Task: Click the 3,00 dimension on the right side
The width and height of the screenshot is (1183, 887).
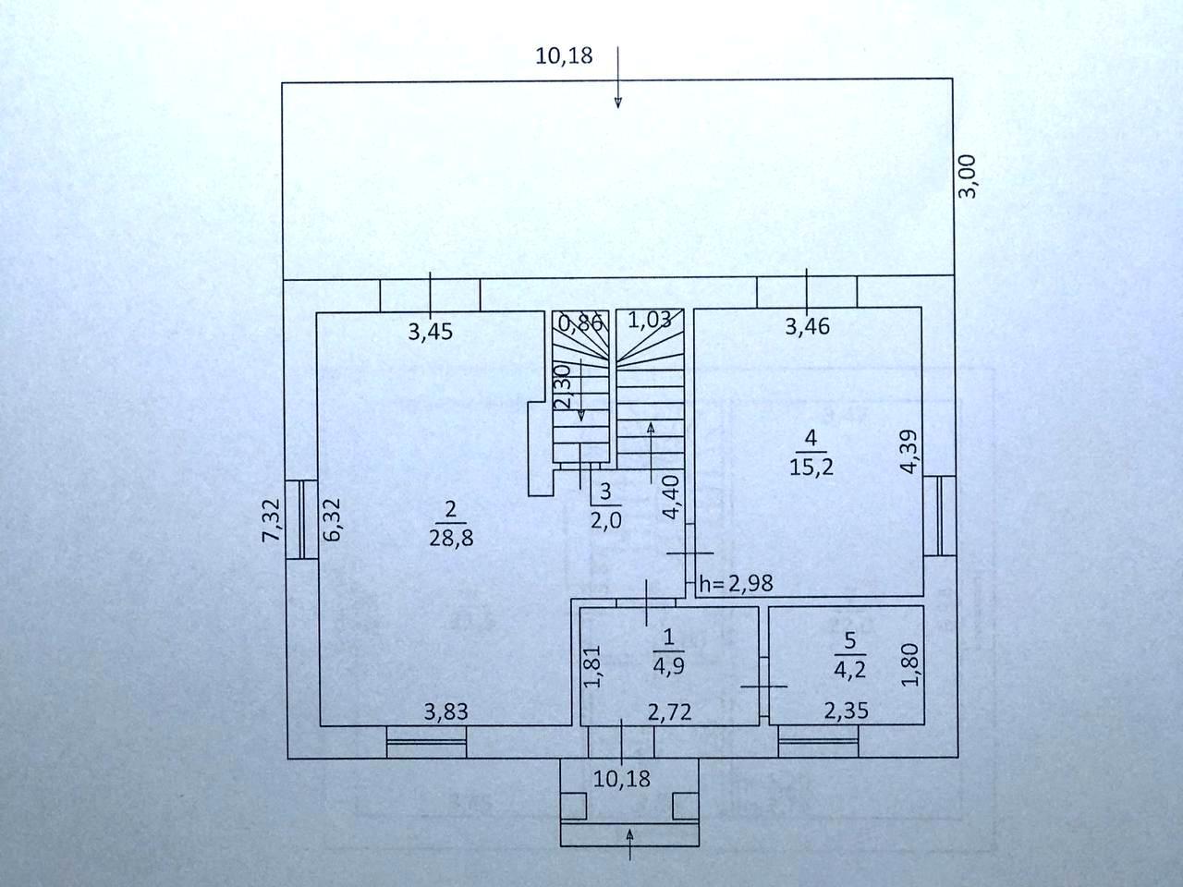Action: pos(967,176)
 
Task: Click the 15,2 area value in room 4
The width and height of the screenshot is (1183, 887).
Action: pos(811,467)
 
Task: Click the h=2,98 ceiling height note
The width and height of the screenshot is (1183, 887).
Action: pos(736,583)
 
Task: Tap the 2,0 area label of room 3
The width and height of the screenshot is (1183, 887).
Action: pos(605,519)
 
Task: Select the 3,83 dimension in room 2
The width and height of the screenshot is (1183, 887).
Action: pos(445,711)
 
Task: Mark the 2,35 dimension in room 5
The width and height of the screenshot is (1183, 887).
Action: pos(846,711)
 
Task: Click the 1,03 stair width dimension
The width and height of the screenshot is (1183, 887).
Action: pos(650,321)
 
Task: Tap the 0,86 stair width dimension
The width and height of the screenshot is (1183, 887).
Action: pos(581,322)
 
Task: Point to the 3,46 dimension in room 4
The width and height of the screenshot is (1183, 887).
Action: pos(807,325)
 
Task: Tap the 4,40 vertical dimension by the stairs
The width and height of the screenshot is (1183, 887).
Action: pos(673,496)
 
